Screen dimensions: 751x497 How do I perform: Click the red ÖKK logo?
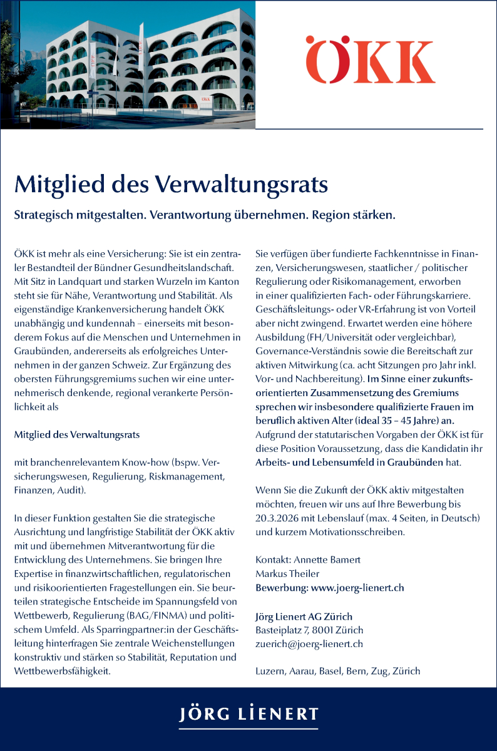[x=369, y=60]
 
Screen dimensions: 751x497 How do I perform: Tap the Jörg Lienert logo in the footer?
[x=248, y=715]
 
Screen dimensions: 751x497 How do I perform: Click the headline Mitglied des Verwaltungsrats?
[x=171, y=185]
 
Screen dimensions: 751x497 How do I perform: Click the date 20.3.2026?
[x=279, y=518]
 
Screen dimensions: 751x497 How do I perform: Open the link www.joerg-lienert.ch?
[x=357, y=588]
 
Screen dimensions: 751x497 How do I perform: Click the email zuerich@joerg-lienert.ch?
[x=309, y=643]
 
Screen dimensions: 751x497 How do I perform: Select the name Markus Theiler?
[x=287, y=573]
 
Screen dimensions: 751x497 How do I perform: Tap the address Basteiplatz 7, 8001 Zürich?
[x=309, y=630]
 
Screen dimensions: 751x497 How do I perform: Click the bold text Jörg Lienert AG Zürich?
[x=304, y=616]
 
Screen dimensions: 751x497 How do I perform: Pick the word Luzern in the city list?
[x=270, y=672]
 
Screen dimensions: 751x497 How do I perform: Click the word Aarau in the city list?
[x=302, y=672]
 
